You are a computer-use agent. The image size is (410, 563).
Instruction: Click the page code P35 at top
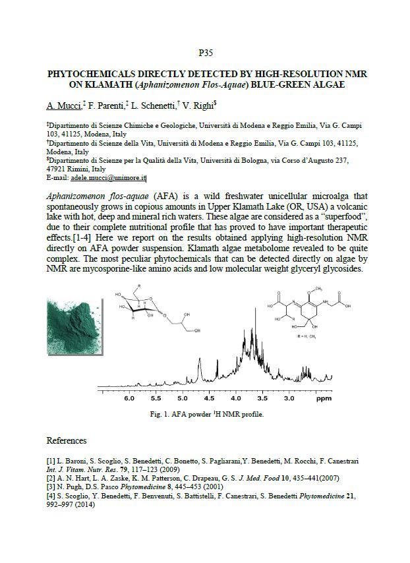click(x=205, y=51)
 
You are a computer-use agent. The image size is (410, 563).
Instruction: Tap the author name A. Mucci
click(x=63, y=105)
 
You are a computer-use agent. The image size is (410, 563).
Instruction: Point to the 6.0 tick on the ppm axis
click(x=129, y=399)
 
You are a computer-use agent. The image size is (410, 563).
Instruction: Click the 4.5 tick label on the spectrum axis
click(x=210, y=399)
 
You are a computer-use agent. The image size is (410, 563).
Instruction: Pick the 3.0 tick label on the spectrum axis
click(x=289, y=399)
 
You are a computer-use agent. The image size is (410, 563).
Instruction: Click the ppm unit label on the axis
click(x=323, y=399)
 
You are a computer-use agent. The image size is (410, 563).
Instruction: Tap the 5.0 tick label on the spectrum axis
click(x=183, y=399)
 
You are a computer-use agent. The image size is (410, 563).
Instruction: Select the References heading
click(x=67, y=440)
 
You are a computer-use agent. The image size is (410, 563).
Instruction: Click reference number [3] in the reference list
click(x=51, y=485)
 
